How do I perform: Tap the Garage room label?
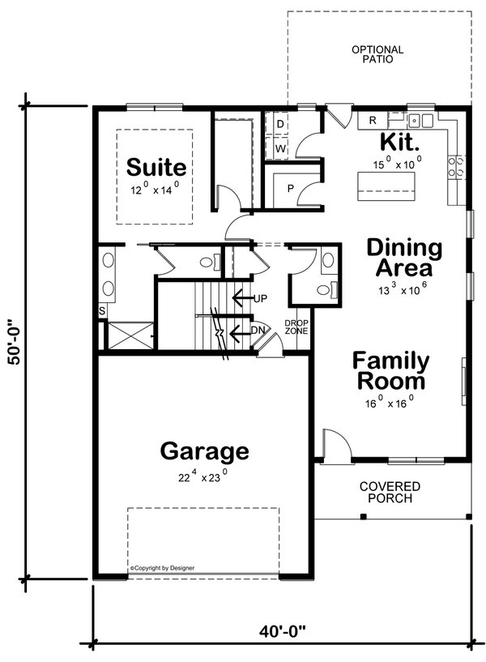tap(204, 451)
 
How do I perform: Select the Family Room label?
tap(390, 371)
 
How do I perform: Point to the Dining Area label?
tap(404, 258)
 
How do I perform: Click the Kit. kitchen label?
tap(400, 143)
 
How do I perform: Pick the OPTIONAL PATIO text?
tap(377, 55)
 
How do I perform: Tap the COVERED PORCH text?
tap(390, 492)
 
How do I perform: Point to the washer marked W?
tap(280, 149)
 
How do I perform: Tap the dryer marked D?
tap(280, 124)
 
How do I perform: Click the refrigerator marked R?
tap(373, 121)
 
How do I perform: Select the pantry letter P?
tap(289, 189)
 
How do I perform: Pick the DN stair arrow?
tap(243, 331)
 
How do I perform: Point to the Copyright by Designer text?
tap(162, 568)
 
